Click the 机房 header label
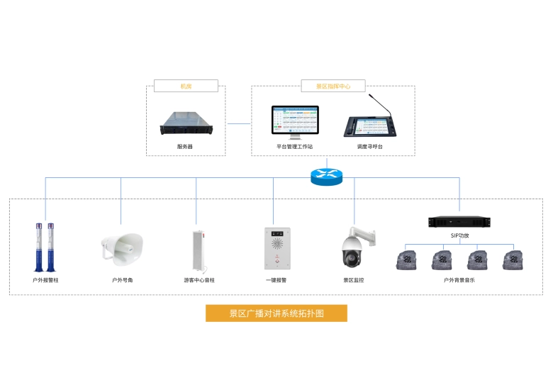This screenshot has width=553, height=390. pyautogui.click(x=186, y=87)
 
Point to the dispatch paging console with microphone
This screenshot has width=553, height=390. pyautogui.click(x=369, y=123)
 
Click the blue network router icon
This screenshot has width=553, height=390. pyautogui.click(x=326, y=175)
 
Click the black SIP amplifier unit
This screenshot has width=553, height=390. pyautogui.click(x=459, y=221)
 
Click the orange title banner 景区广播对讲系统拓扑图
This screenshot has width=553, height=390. pyautogui.click(x=276, y=313)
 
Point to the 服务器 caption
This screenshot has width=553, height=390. pyautogui.click(x=185, y=146)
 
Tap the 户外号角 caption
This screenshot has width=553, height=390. pyautogui.click(x=123, y=280)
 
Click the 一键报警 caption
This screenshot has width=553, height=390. pyautogui.click(x=276, y=280)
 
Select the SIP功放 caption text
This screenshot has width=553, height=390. pyautogui.click(x=459, y=235)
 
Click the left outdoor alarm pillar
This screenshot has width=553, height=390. pyautogui.click(x=39, y=247)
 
